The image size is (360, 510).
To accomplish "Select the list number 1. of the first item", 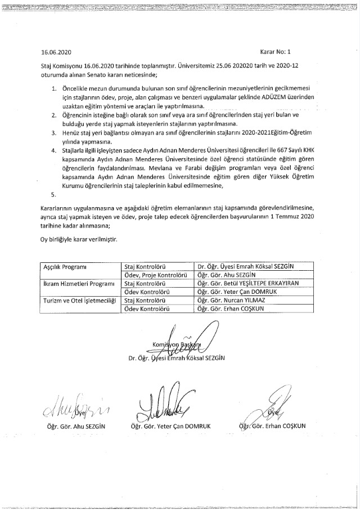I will (53, 90).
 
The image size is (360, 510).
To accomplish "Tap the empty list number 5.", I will (53, 195).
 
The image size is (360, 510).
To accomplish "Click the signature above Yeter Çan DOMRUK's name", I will (164, 401).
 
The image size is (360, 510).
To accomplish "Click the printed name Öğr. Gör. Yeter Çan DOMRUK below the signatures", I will (173, 426).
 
